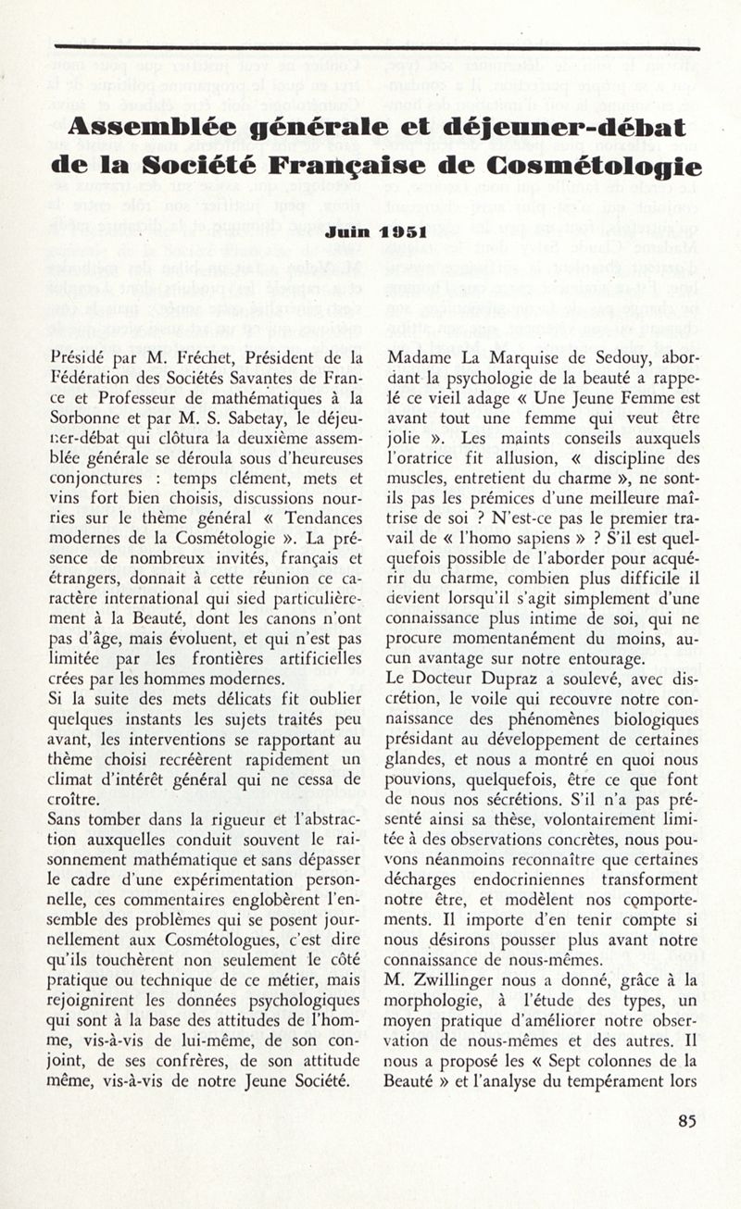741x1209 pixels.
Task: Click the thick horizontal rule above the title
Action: (x=374, y=47)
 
